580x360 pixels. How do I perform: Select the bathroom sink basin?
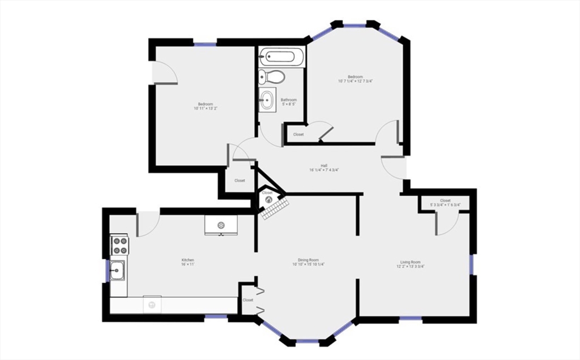pyautogui.click(x=267, y=101)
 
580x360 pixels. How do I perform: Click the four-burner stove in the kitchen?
pyautogui.click(x=120, y=245)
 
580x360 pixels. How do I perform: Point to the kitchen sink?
pyautogui.click(x=118, y=271)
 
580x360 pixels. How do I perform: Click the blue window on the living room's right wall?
pyautogui.click(x=471, y=264)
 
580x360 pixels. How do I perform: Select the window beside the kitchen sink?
pyautogui.click(x=108, y=271)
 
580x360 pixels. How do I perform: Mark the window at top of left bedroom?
pyautogui.click(x=204, y=43)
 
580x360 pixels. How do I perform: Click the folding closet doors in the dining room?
pyautogui.click(x=260, y=301)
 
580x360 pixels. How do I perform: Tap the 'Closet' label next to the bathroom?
pyautogui.click(x=298, y=135)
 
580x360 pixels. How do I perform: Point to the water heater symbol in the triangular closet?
pyautogui.click(x=268, y=199)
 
